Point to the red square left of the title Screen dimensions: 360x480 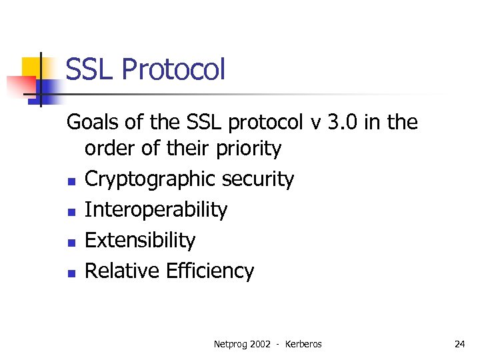[19, 86]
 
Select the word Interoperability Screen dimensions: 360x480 [156, 210]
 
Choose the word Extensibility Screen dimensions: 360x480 [140, 240]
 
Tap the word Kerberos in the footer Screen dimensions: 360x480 [303, 344]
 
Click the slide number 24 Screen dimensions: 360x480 [459, 344]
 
